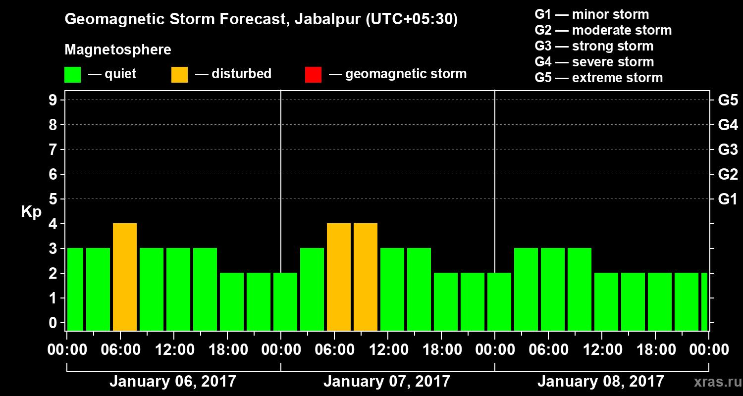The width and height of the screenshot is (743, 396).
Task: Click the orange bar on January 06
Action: [x=125, y=277]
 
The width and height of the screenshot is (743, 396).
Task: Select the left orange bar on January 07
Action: [x=339, y=277]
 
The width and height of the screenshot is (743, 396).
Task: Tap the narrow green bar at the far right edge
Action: [x=704, y=302]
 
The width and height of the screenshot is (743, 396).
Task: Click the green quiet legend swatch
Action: [x=72, y=75]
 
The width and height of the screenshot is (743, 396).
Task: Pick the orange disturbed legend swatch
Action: [x=179, y=75]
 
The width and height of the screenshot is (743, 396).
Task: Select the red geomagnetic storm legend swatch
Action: [x=313, y=75]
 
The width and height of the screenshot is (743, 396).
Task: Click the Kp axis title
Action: [x=31, y=212]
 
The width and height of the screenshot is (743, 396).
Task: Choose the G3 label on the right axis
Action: [x=728, y=149]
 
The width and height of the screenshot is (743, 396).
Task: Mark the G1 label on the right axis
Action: [x=728, y=199]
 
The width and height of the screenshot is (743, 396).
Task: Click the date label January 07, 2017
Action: [x=387, y=382]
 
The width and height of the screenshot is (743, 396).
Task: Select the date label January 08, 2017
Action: [x=600, y=382]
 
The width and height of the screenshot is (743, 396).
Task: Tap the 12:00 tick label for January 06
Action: [x=174, y=350]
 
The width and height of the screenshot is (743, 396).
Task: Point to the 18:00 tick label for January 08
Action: [x=655, y=350]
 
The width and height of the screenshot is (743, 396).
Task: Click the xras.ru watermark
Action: [x=714, y=382]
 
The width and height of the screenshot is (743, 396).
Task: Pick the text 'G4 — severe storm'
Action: [x=594, y=62]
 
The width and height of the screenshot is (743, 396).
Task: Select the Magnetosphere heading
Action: [x=118, y=50]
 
